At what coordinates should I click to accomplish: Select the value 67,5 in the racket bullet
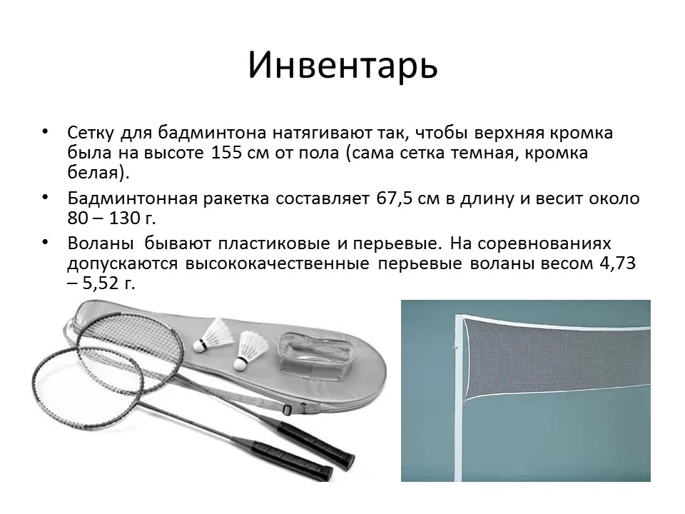click(x=395, y=199)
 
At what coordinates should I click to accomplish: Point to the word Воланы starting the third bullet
click(x=101, y=243)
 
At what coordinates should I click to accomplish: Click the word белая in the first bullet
click(x=93, y=173)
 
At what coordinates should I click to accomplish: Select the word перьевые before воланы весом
click(x=420, y=263)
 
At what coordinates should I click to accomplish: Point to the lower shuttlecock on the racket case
click(x=250, y=351)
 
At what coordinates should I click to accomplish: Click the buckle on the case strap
click(x=287, y=410)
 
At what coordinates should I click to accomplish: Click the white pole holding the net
click(x=458, y=398)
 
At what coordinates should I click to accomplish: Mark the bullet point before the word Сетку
click(x=45, y=131)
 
